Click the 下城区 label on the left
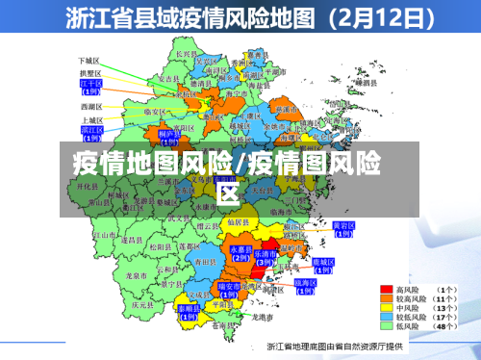(89, 60)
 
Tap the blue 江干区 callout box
(90, 87)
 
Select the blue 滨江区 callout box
(92, 131)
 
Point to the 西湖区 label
(90, 105)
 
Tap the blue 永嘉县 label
(240, 251)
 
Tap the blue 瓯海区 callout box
(304, 285)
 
